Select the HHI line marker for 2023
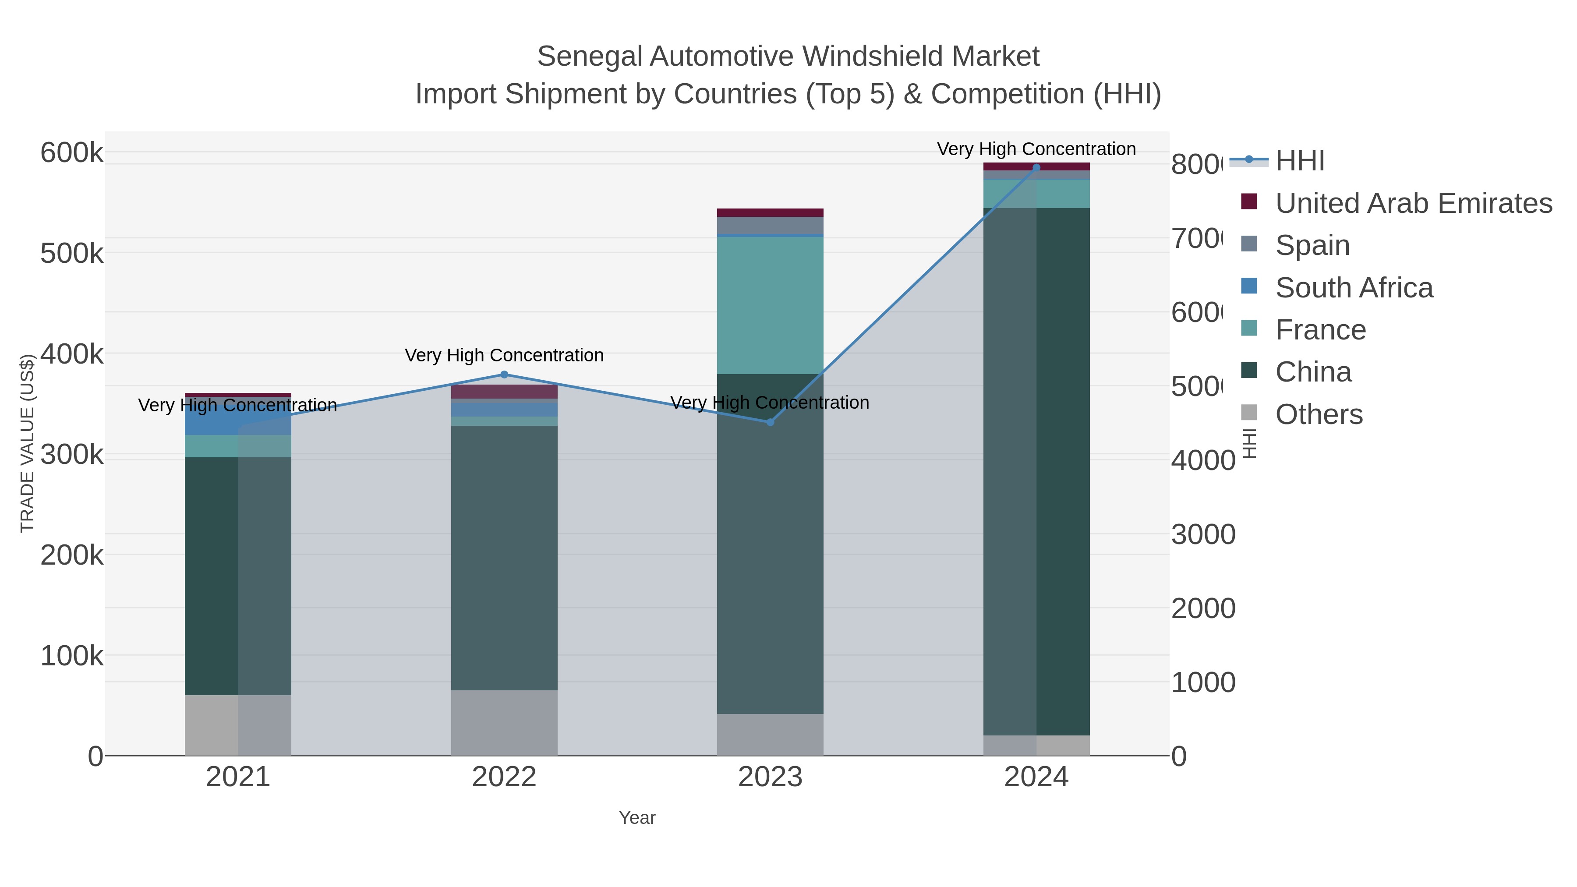[x=770, y=422]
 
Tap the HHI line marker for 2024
[x=1036, y=167]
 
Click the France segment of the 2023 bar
[x=770, y=305]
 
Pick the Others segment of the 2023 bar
[x=770, y=734]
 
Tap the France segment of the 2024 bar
[x=1036, y=194]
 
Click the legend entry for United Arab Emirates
[x=1413, y=203]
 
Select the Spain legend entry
[x=1312, y=245]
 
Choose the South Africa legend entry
[x=1354, y=288]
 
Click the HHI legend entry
[x=1299, y=161]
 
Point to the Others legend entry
[x=1319, y=414]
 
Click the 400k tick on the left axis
[x=72, y=354]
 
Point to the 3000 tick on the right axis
[x=1203, y=534]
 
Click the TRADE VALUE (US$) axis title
[x=27, y=443]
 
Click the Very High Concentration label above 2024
[x=1036, y=149]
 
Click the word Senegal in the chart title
[x=590, y=57]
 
